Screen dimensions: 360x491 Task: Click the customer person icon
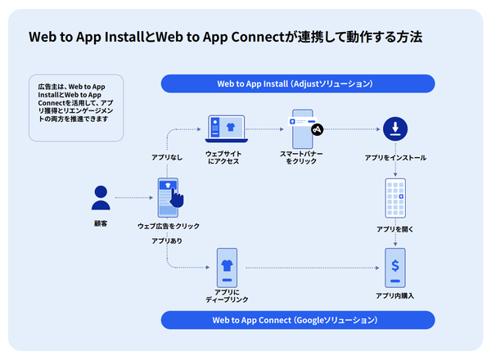point(101,197)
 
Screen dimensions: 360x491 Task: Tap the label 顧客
point(101,223)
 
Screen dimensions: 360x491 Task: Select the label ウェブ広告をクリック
point(169,226)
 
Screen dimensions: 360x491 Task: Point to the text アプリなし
point(168,155)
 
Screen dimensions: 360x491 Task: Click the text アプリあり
point(167,241)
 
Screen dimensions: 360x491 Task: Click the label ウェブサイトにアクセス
point(223,157)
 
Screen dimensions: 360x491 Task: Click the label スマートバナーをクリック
point(301,157)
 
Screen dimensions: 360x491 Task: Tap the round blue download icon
point(396,128)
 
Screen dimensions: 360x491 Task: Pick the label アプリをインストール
point(396,157)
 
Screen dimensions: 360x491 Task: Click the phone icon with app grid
point(396,197)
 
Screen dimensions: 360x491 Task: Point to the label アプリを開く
point(396,230)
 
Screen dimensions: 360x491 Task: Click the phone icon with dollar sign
point(396,267)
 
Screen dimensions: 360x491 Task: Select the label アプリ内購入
point(394,295)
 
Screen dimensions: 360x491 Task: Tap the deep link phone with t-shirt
point(226,267)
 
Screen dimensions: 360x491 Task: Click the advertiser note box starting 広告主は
point(75,107)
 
